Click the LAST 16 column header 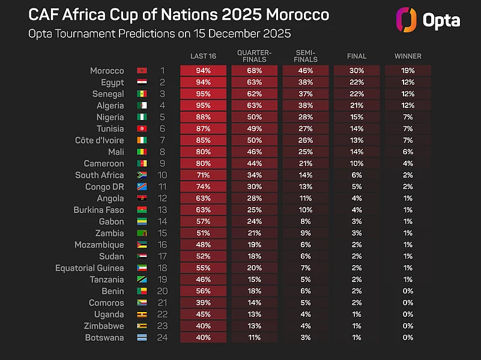[203, 56]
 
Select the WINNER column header [408, 56]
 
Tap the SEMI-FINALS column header [306, 56]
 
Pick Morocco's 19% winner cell [408, 71]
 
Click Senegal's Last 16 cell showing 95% [203, 94]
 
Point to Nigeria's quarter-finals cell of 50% [254, 117]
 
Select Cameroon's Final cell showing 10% [357, 163]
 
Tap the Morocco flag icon [142, 71]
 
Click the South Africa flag [142, 175]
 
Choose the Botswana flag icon [142, 338]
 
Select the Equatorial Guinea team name [89, 268]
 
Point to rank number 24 [162, 338]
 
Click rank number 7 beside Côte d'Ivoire [162, 140]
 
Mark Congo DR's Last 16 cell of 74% [203, 187]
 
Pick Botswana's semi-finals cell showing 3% [306, 338]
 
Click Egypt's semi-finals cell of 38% [306, 82]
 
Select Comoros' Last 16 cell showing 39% [203, 303]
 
